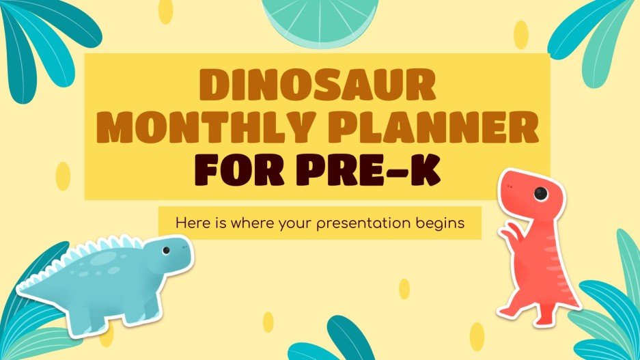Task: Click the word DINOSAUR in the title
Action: click(x=317, y=87)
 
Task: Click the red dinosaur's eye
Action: click(x=541, y=194)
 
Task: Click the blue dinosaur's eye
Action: click(x=166, y=251)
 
